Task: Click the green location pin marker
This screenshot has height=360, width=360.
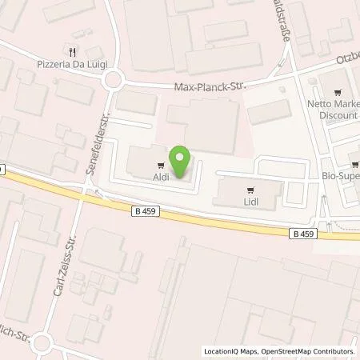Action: [181, 162]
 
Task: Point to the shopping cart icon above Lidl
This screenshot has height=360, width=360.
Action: [250, 190]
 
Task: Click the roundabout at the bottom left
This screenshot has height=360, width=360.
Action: [41, 345]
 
